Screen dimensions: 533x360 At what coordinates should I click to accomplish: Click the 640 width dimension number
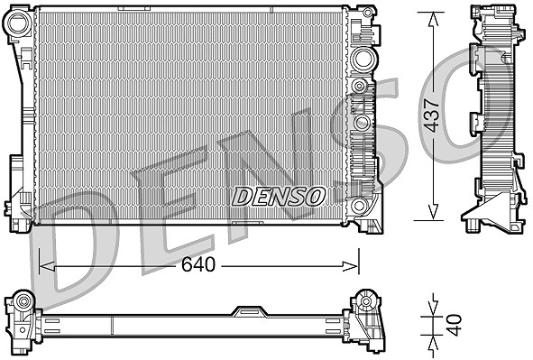click(198, 264)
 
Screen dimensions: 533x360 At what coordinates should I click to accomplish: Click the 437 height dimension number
click(433, 115)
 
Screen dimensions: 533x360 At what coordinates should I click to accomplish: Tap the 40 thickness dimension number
click(455, 326)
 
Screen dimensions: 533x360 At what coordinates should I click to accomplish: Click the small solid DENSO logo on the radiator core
click(278, 197)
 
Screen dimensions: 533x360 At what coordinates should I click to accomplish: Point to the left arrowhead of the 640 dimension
click(47, 266)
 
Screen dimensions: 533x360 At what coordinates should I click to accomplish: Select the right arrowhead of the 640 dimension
click(351, 266)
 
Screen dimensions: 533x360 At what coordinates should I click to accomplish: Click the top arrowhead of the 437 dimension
click(432, 20)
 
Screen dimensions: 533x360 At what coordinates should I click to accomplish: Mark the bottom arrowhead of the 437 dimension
click(432, 212)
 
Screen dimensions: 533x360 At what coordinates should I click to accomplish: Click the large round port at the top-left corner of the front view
click(18, 23)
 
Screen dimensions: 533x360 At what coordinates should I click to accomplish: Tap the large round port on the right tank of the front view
click(363, 60)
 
